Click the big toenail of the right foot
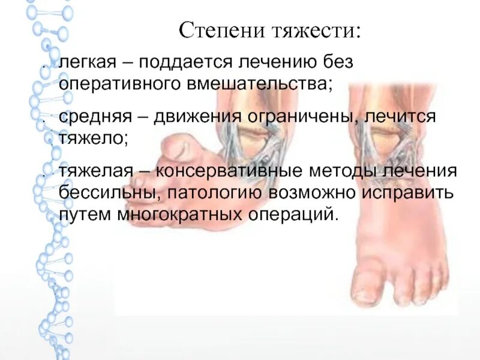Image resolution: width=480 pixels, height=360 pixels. pyautogui.click(x=366, y=292)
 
